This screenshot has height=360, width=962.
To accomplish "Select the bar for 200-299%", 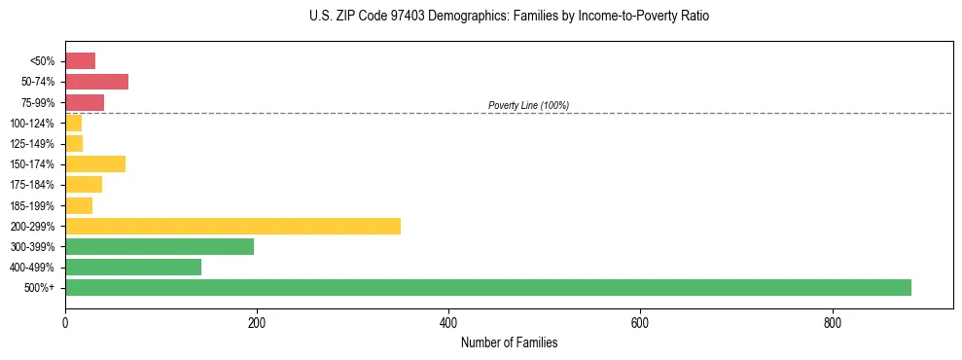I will tap(232, 226).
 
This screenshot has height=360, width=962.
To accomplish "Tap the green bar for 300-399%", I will tap(160, 246).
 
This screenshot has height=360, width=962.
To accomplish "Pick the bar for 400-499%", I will tap(133, 267).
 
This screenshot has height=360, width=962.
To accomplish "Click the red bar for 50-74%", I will tap(96, 81).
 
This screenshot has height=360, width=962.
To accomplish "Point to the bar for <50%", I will tap(80, 60).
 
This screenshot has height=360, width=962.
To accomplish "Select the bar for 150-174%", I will tap(95, 163).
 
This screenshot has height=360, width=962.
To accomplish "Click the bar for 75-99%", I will tap(85, 102).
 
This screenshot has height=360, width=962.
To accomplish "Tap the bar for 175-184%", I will tap(84, 184).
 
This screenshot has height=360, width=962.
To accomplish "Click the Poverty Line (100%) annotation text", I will tap(528, 105).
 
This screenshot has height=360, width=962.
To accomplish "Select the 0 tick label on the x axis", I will tap(65, 322).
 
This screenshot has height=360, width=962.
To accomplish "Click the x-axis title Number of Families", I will tap(509, 342).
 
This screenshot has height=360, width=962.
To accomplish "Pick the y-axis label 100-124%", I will tap(32, 124).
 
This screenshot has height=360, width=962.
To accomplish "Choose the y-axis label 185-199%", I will tap(32, 205).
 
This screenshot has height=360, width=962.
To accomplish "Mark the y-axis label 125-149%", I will tap(32, 144).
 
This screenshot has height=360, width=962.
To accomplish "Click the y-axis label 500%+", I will tap(40, 288).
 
